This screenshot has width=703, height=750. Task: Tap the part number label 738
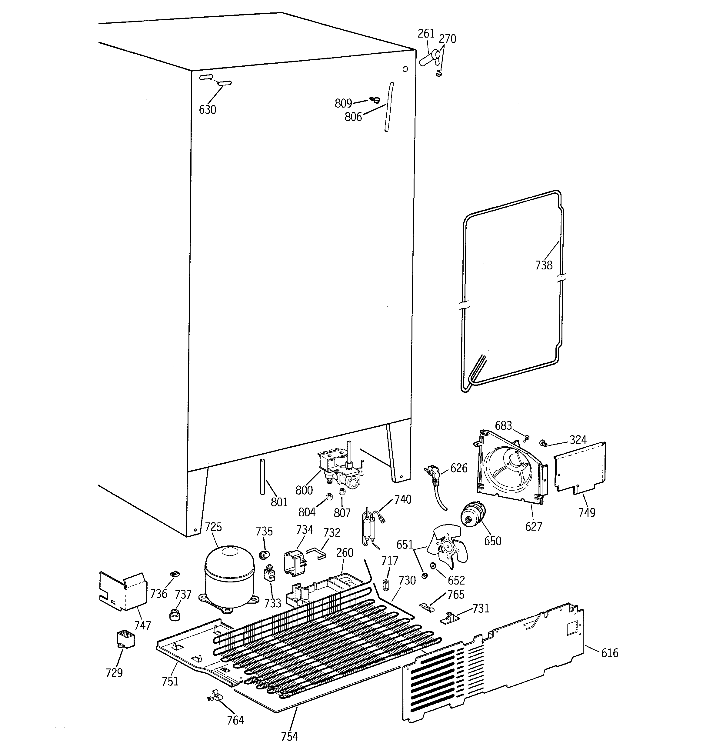click(544, 265)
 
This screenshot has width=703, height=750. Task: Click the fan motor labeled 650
click(474, 514)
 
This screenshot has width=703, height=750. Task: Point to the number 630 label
click(208, 110)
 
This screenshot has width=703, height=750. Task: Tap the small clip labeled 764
click(214, 695)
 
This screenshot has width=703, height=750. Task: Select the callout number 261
click(426, 34)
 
